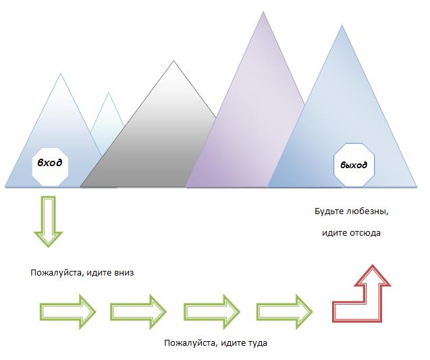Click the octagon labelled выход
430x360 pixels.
(354, 163)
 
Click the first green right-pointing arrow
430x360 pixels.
(67, 311)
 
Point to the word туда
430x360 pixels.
(257, 343)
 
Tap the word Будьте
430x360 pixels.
(329, 211)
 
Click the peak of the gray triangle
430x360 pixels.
(173, 62)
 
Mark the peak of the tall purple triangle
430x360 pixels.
(263, 13)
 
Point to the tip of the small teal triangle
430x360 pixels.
(108, 93)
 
